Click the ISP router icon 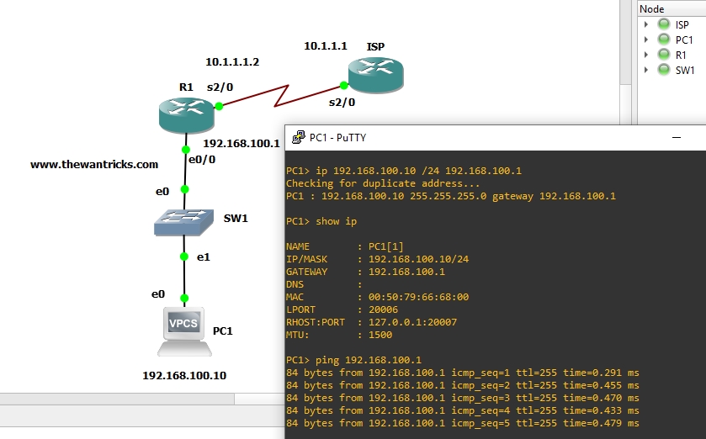[376, 75]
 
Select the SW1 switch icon [184, 222]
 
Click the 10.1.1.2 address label [232, 61]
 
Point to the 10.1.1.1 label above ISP [326, 45]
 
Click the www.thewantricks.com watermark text [94, 165]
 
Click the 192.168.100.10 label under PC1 [184, 375]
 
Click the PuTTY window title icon [298, 137]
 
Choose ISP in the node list [682, 25]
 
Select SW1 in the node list [684, 70]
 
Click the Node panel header [652, 8]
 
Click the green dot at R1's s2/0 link [219, 106]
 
